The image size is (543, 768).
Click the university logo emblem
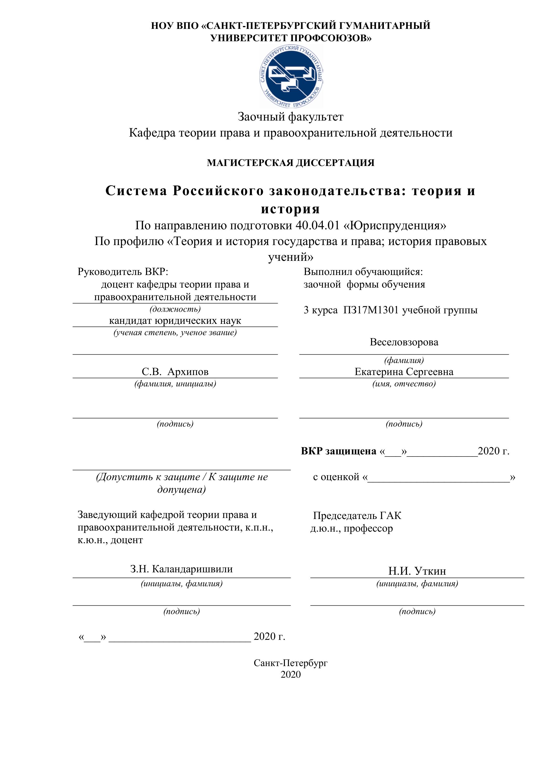point(291,77)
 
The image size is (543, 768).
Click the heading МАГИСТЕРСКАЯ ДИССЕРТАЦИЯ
point(291,163)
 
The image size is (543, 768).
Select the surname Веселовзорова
point(404,342)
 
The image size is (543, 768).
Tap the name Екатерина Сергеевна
point(404,372)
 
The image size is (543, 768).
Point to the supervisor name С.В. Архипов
point(175,372)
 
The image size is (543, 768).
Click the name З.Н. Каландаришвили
point(181,569)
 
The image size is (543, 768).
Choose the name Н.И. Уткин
point(417,571)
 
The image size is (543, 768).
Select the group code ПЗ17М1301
point(371,310)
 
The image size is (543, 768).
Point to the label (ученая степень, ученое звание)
point(175,333)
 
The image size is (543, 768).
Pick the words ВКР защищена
point(338,451)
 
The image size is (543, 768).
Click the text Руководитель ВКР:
point(123,272)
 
